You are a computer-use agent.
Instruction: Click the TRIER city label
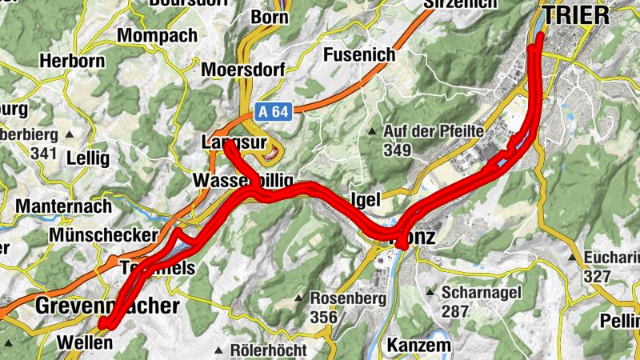click(575, 14)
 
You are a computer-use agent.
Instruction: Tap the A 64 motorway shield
click(273, 113)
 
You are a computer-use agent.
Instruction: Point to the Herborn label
click(74, 62)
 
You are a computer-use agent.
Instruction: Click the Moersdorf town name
click(243, 70)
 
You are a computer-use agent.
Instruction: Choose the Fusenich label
click(359, 54)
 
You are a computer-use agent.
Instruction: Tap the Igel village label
click(364, 199)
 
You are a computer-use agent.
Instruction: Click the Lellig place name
click(87, 158)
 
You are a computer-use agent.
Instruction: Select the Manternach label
click(62, 206)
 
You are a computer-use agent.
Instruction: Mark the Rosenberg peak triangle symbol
click(298, 298)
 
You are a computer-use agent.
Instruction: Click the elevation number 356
click(323, 317)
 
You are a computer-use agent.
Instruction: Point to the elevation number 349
click(397, 150)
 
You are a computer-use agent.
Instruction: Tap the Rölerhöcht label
click(268, 350)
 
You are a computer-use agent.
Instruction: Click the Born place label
click(269, 17)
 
